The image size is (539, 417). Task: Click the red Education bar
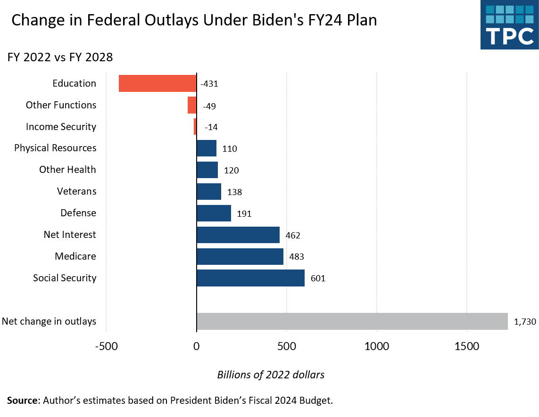(158, 83)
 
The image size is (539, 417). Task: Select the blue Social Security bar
(250, 278)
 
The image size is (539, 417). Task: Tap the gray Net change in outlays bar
(352, 321)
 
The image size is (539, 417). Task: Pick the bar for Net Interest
(238, 235)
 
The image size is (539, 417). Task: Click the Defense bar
(214, 213)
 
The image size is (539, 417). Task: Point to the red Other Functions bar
(192, 105)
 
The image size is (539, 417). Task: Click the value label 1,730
(524, 322)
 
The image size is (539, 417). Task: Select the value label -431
(209, 84)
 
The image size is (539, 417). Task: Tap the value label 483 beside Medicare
(297, 257)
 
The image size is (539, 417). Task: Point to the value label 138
(234, 192)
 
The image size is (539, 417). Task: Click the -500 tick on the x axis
(106, 347)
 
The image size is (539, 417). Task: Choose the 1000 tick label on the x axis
(377, 347)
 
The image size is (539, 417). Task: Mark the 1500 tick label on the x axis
(467, 347)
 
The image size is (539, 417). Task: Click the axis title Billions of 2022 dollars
(271, 375)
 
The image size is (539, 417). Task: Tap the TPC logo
(509, 25)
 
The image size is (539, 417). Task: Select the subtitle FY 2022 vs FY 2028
(60, 57)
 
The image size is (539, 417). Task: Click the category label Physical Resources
(55, 148)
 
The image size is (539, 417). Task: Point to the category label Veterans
(76, 191)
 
